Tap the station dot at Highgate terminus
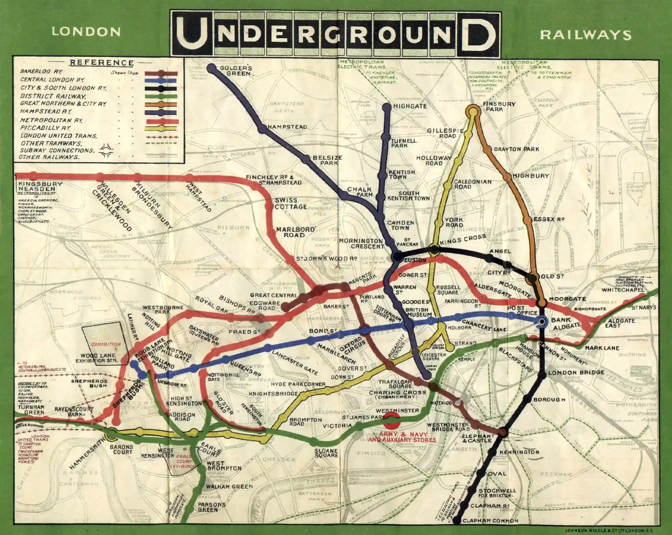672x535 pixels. coord(387,106)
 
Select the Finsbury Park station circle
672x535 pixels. coord(473,112)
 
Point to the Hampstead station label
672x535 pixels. coord(287,127)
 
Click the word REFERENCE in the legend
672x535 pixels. coord(102,63)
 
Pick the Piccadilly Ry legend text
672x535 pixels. coord(45,128)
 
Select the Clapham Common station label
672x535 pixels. coord(490,521)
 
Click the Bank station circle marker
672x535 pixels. coord(542,321)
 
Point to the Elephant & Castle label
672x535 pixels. coord(478,438)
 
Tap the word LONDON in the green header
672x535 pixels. coord(86,32)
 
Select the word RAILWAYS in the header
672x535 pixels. coord(586,35)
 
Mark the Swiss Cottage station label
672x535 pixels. coord(291,204)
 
